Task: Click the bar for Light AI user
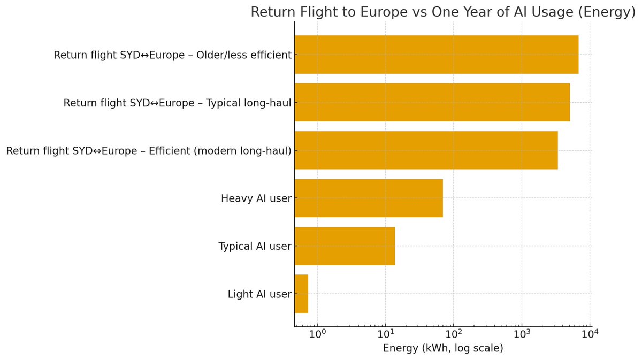point(302,294)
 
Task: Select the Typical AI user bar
point(345,246)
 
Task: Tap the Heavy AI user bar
point(369,198)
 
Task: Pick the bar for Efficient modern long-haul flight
point(426,150)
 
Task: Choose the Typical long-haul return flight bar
point(432,102)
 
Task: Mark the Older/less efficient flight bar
point(437,55)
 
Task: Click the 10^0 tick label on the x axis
point(317,334)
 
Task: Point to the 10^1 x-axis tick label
point(386,334)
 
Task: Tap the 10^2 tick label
point(454,334)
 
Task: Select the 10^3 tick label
point(522,334)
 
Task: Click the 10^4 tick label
point(590,334)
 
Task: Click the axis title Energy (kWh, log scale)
point(443,348)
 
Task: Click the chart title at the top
point(443,12)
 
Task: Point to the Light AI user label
point(259,294)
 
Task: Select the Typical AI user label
point(255,246)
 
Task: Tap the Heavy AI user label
point(256,198)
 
